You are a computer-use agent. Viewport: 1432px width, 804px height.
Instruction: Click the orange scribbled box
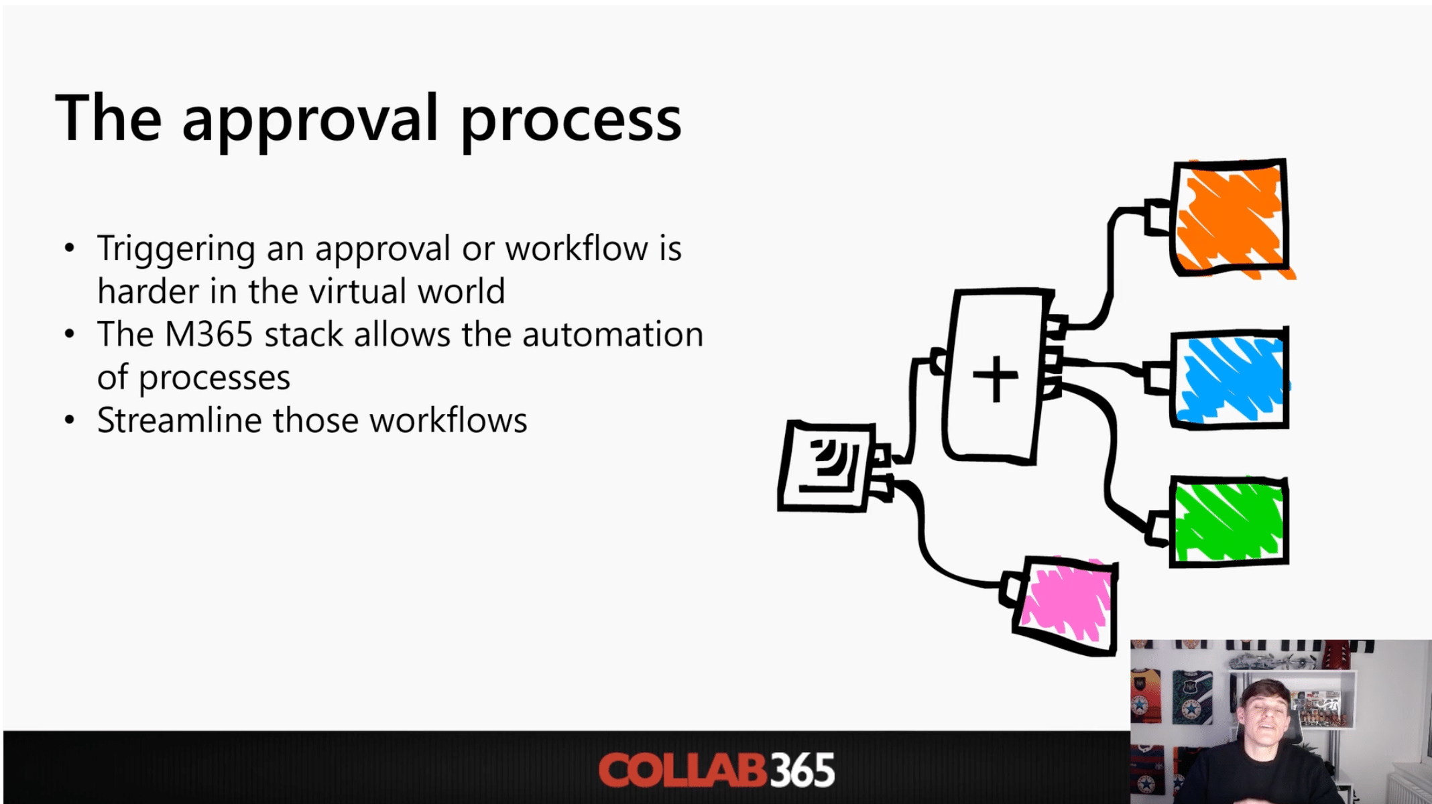point(1230,218)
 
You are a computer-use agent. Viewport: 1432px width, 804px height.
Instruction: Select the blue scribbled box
point(1230,379)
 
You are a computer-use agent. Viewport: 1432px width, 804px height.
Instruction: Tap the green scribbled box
point(1229,522)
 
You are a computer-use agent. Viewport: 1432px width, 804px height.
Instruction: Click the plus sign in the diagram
point(996,378)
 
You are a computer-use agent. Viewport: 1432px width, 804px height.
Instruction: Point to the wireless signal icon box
point(828,467)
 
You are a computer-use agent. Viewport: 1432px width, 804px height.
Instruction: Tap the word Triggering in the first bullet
point(176,249)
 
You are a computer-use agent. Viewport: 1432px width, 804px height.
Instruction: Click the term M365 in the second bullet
point(208,334)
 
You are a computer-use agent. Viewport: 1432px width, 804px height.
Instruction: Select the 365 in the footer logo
point(802,770)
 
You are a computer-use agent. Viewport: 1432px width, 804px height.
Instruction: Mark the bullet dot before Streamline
point(70,421)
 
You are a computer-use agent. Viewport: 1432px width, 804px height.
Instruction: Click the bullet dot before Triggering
point(70,249)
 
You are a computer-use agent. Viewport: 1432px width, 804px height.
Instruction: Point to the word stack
point(304,334)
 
